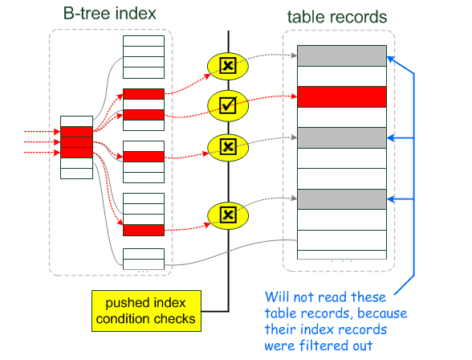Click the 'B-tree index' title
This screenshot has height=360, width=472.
point(109,14)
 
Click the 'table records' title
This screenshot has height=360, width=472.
point(337,17)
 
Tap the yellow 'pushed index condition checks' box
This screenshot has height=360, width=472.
point(146,311)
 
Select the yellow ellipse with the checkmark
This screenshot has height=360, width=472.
point(228,105)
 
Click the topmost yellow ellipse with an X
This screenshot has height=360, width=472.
point(228,66)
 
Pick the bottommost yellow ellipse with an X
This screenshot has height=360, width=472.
point(228,215)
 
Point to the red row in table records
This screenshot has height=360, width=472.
point(342,96)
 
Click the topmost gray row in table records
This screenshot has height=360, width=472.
point(342,55)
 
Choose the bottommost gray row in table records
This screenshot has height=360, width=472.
point(342,199)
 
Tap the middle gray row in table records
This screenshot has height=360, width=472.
point(342,137)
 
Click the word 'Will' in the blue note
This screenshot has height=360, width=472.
point(277,297)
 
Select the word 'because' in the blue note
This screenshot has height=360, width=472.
point(382,313)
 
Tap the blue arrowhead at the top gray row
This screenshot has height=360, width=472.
point(391,59)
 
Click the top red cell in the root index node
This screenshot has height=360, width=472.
point(76,132)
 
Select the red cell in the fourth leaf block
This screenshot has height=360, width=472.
point(144,230)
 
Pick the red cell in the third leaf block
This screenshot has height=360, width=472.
point(144,157)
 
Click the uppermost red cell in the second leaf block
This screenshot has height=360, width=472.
point(144,94)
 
